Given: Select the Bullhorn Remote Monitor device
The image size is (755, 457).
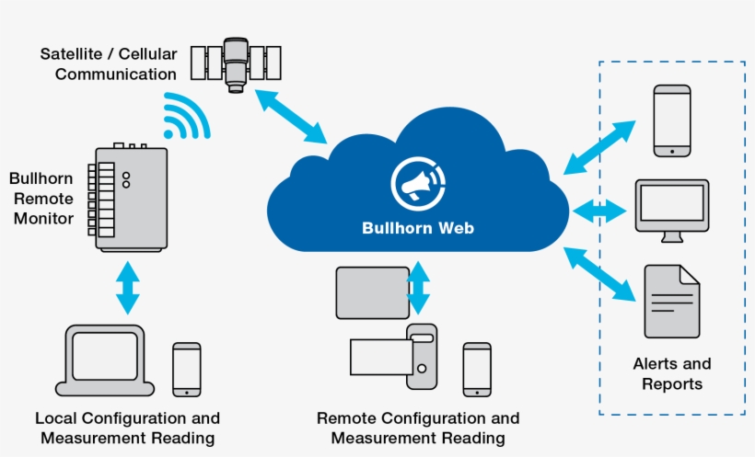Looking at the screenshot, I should pyautogui.click(x=129, y=197).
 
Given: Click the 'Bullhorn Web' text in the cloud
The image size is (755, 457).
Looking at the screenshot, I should pyautogui.click(x=417, y=227).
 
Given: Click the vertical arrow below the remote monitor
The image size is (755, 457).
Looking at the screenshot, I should pyautogui.click(x=128, y=287).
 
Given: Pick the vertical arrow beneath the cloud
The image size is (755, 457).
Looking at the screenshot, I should pyautogui.click(x=419, y=287).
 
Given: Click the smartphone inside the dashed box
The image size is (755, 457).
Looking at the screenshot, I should pyautogui.click(x=672, y=120).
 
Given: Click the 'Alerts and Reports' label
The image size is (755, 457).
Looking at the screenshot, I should pyautogui.click(x=672, y=374).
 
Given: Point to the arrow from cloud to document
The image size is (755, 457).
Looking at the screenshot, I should pyautogui.click(x=600, y=273).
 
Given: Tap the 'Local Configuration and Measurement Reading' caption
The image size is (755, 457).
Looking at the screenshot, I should pyautogui.click(x=127, y=428).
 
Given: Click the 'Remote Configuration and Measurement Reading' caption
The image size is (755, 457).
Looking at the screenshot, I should pyautogui.click(x=418, y=428).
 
